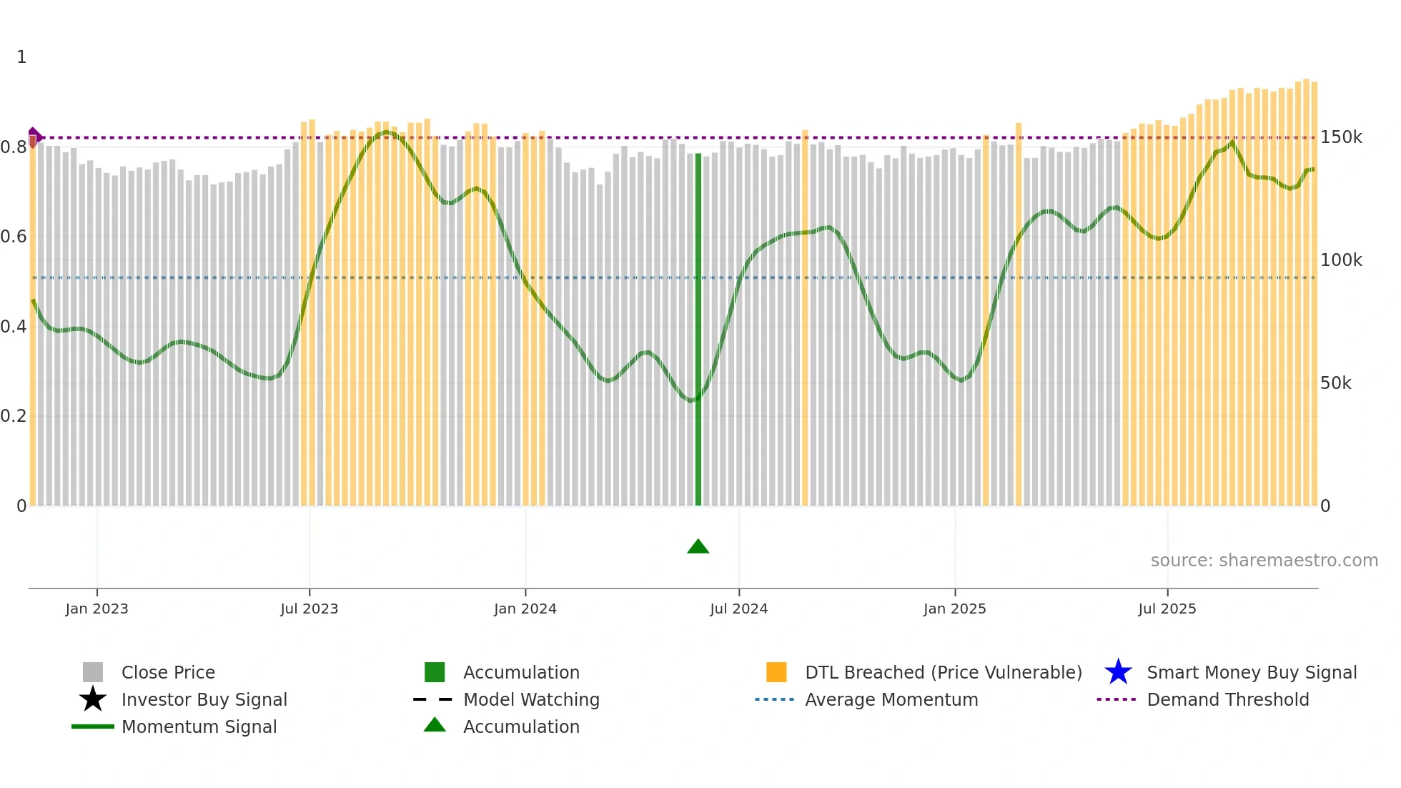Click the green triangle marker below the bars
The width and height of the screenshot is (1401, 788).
(698, 547)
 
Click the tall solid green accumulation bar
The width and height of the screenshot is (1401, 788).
(698, 329)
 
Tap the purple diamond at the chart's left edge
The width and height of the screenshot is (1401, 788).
(34, 136)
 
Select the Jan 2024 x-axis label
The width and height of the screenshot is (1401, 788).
(525, 609)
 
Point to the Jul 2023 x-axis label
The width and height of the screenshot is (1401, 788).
(309, 609)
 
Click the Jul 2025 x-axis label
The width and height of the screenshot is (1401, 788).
(1167, 609)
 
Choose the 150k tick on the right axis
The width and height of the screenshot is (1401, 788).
(1341, 137)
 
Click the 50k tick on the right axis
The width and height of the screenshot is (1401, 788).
(1335, 383)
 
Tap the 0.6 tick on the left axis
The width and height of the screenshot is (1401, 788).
(14, 237)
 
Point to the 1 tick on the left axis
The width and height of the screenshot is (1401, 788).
(21, 57)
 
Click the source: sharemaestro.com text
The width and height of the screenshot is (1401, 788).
(1264, 561)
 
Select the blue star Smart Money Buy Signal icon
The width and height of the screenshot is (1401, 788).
(1118, 672)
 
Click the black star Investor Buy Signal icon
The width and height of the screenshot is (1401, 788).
(93, 699)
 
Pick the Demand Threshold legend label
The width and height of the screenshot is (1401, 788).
(1227, 699)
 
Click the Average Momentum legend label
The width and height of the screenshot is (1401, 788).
(891, 699)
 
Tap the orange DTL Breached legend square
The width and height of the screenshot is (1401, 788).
(776, 672)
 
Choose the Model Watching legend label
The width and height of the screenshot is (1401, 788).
(531, 699)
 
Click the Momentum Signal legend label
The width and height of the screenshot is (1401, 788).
(199, 727)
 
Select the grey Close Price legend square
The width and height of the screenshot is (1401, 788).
(93, 672)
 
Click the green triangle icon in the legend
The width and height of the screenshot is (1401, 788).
(435, 725)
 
